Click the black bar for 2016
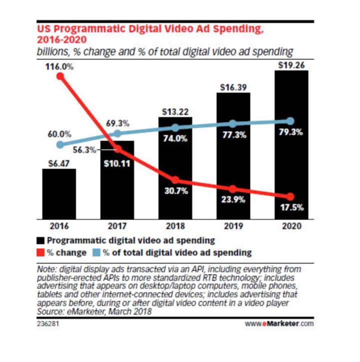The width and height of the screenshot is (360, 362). [x=59, y=194]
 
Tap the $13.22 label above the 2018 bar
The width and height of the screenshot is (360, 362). [x=174, y=111]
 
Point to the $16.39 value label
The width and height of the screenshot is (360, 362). [x=233, y=87]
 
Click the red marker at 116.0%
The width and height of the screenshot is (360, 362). [x=60, y=76]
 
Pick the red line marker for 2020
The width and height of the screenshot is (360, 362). [x=291, y=197]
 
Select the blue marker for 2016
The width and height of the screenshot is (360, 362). [x=60, y=145]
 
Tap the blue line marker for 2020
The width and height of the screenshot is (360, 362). [x=291, y=121]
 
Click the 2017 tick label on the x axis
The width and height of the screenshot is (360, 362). [x=117, y=226]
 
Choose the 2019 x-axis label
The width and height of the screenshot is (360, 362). [x=233, y=226]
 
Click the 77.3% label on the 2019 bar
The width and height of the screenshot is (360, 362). [x=233, y=135]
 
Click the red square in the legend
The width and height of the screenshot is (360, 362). [x=42, y=252]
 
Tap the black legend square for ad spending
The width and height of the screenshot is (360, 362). [x=42, y=240]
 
